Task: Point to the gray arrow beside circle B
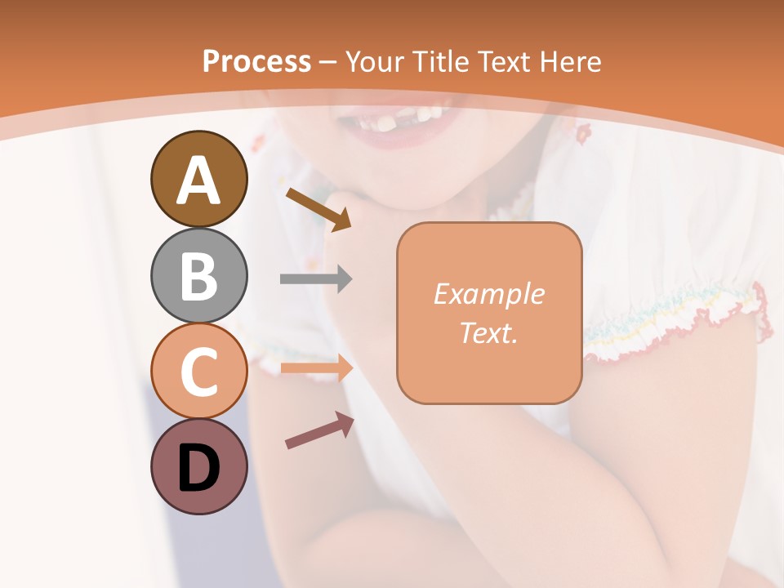(x=316, y=279)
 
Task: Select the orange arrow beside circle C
(x=316, y=368)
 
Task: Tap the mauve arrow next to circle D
(x=319, y=430)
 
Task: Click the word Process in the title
(x=256, y=61)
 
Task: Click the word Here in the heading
(x=570, y=61)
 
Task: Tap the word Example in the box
(x=488, y=294)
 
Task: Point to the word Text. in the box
(x=488, y=333)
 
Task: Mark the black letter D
(x=198, y=469)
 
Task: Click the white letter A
(x=198, y=180)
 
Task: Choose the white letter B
(x=198, y=276)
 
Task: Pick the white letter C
(x=198, y=372)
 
